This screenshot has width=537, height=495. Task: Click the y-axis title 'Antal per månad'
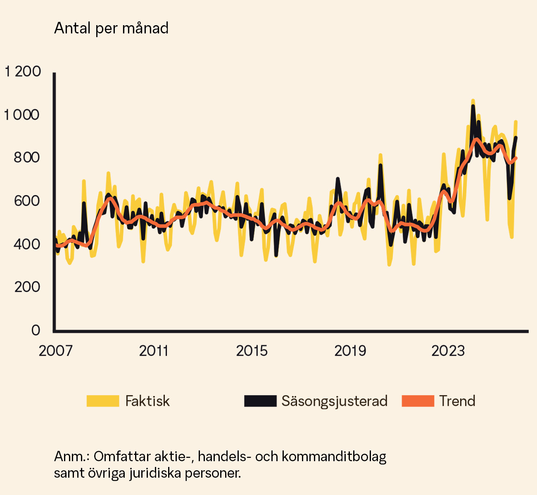[111, 28]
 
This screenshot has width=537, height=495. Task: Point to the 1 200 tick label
[23, 71]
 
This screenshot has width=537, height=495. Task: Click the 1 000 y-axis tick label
[22, 115]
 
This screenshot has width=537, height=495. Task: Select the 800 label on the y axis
[27, 158]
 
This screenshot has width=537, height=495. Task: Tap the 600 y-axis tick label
[27, 201]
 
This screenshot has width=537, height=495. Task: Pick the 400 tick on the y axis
[27, 244]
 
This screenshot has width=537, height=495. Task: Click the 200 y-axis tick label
[27, 287]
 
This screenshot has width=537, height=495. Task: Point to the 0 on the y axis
[36, 330]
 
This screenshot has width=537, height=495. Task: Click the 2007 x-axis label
[55, 351]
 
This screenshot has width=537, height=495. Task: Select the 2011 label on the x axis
[154, 351]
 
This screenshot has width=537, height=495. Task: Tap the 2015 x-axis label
[252, 351]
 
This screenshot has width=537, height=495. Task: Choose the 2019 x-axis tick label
[350, 351]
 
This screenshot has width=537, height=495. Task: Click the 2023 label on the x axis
[448, 351]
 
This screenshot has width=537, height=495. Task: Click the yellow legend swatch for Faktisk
[103, 401]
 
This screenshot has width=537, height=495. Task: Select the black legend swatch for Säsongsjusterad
[260, 401]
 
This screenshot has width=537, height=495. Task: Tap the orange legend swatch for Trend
[418, 401]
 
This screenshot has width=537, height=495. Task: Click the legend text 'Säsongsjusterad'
[335, 401]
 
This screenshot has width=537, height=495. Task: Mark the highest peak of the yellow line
[473, 101]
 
